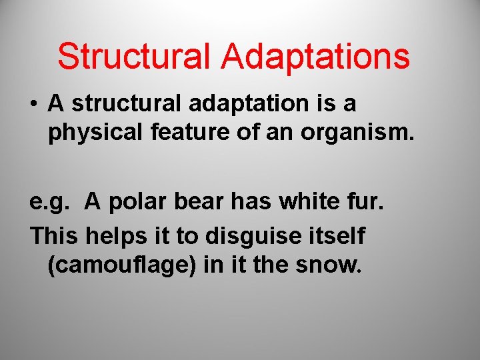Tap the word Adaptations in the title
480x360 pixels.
pyautogui.click(x=316, y=57)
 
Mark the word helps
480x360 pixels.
pyautogui.click(x=118, y=236)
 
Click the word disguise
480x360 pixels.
pyautogui.click(x=245, y=236)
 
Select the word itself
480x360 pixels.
pyautogui.click(x=337, y=235)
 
